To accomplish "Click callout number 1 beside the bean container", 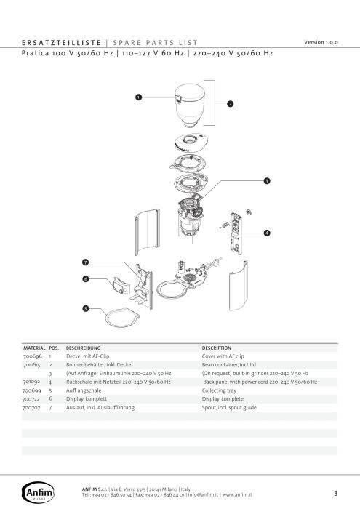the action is (x=139, y=97).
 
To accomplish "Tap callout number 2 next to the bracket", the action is (x=230, y=104).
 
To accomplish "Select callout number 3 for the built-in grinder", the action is (x=267, y=181).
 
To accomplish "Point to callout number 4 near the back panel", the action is (x=267, y=233).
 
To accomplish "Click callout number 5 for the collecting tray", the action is (x=85, y=308).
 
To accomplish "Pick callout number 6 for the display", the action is (x=86, y=278).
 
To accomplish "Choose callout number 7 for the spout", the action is (x=85, y=262).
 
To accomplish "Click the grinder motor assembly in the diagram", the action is (x=191, y=217).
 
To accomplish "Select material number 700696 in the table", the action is (x=33, y=356).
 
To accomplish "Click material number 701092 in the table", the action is (x=31, y=382).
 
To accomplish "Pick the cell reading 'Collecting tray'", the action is (x=219, y=390).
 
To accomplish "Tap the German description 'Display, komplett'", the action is (x=87, y=399).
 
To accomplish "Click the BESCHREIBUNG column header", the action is (x=83, y=348).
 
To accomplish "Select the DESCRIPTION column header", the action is (x=217, y=348).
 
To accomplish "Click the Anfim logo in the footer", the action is (x=38, y=492).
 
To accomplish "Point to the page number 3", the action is (x=336, y=494).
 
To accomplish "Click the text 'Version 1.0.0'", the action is (x=321, y=42).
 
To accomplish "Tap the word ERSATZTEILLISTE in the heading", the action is (x=62, y=43).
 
